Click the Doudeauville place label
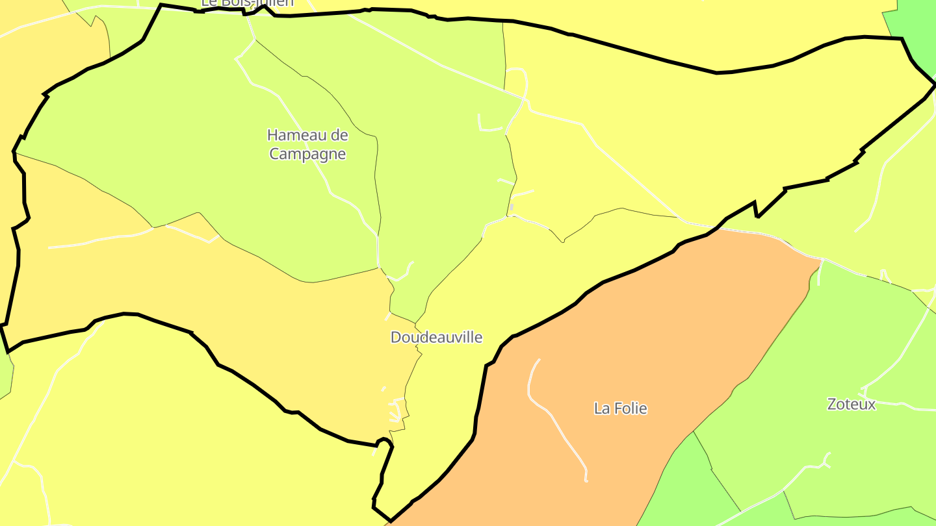click(x=436, y=337)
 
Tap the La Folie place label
click(x=621, y=408)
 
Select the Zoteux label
click(x=851, y=404)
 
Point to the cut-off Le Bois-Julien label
click(x=247, y=3)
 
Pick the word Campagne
click(x=307, y=154)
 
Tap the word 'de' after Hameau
click(x=339, y=135)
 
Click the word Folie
click(x=630, y=408)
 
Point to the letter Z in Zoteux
click(x=832, y=404)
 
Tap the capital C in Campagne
click(x=274, y=154)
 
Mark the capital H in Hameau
click(x=272, y=135)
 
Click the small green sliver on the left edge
click(x=5, y=377)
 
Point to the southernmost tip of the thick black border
click(x=390, y=520)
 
